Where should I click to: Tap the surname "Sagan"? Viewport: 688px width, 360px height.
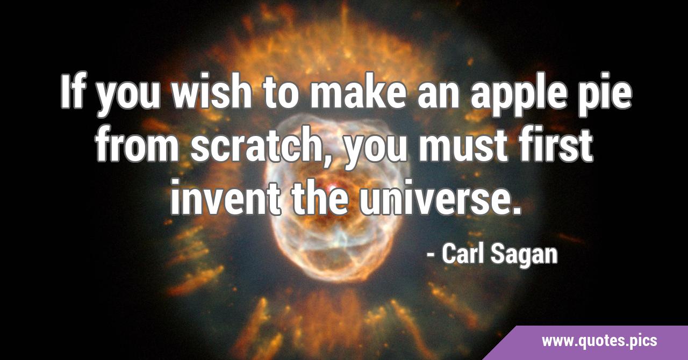coord(524,255)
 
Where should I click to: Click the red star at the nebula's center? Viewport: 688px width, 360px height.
coord(333,186)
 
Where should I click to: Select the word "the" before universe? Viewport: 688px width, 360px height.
coord(320,197)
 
